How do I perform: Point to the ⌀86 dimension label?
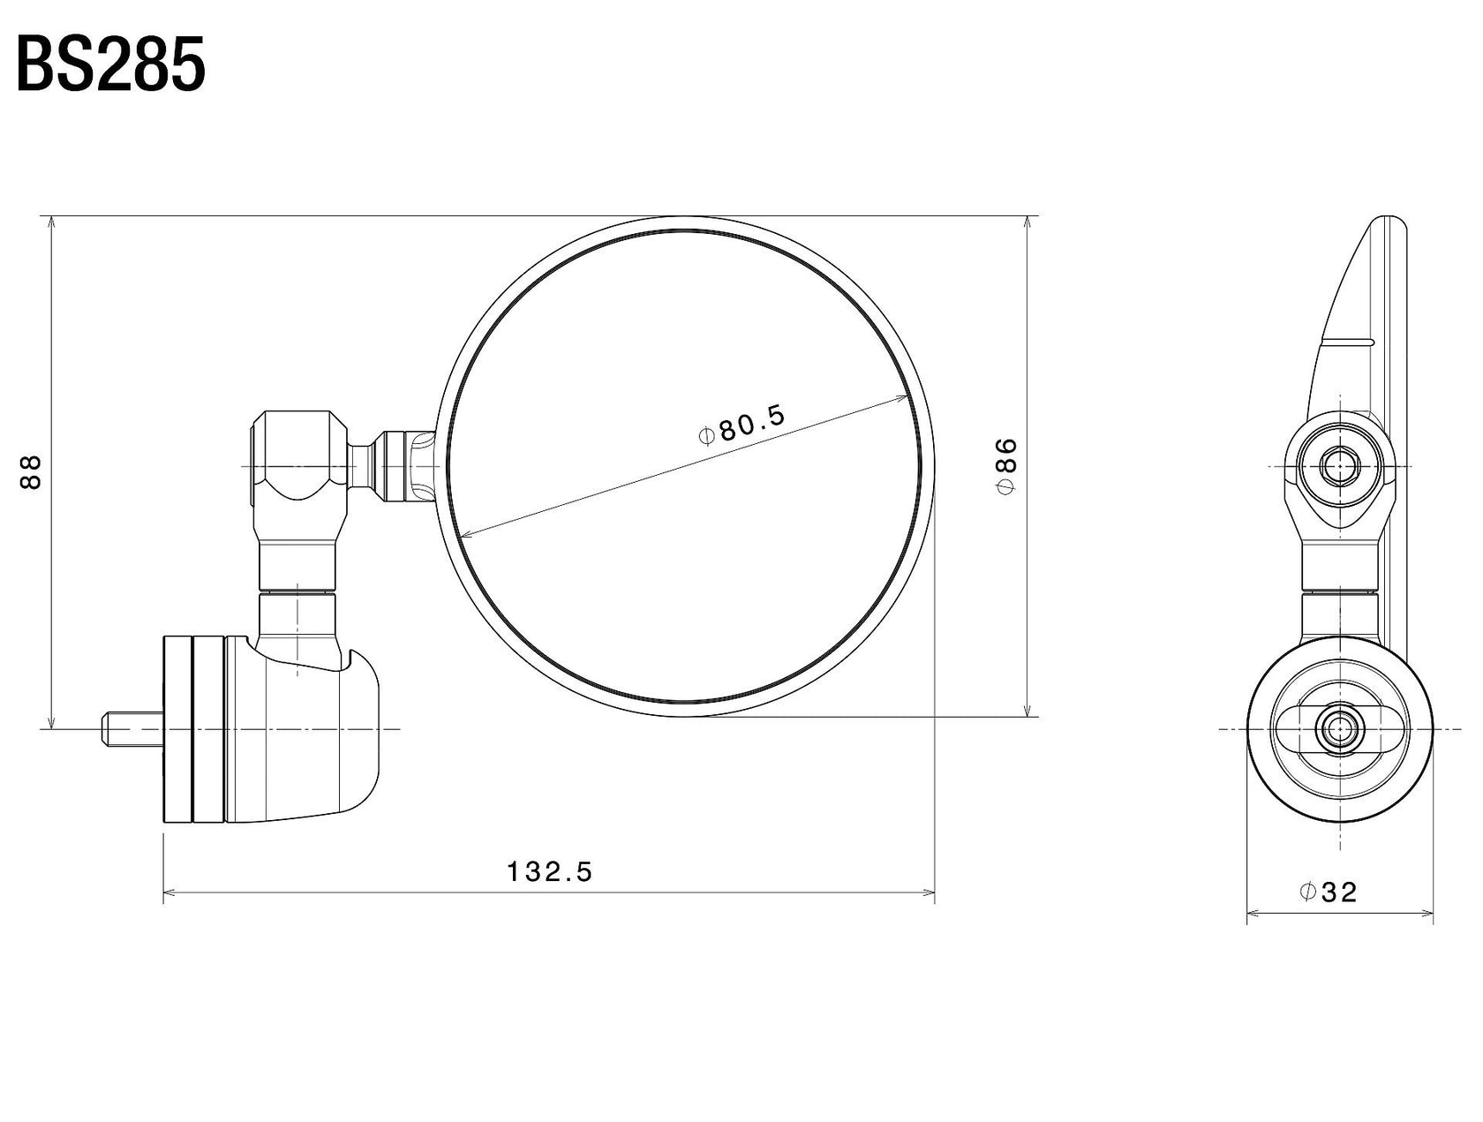(x=1005, y=465)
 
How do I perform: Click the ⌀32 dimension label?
(x=1328, y=892)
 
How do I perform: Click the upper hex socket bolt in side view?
(x=1339, y=464)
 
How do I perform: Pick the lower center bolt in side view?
(x=1339, y=729)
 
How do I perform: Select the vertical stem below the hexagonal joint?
(x=298, y=565)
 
